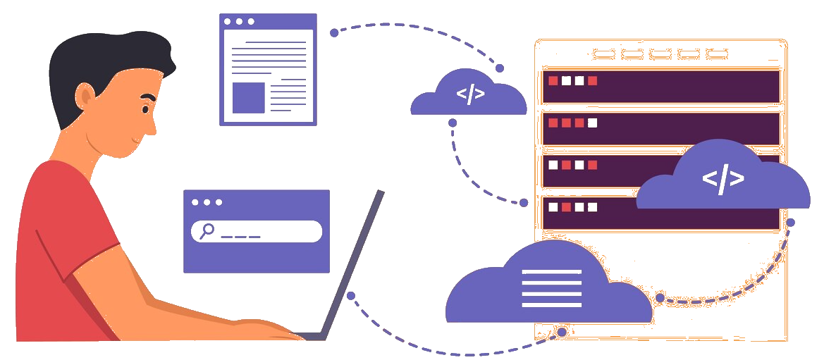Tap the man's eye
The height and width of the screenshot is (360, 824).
pyautogui.click(x=145, y=110)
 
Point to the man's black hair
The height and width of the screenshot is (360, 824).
pyautogui.click(x=106, y=56)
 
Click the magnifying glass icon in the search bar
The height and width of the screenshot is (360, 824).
pyautogui.click(x=207, y=230)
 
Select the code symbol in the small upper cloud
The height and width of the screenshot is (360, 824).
pyautogui.click(x=470, y=94)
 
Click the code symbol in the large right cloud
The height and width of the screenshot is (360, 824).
pyautogui.click(x=722, y=180)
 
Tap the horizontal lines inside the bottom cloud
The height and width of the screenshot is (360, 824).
pyautogui.click(x=552, y=288)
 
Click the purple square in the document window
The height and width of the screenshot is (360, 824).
pyautogui.click(x=249, y=97)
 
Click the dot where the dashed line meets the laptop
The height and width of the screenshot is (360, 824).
pyautogui.click(x=351, y=295)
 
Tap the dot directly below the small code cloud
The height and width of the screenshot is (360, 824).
pyautogui.click(x=453, y=123)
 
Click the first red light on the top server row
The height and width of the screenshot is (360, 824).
pyautogui.click(x=553, y=80)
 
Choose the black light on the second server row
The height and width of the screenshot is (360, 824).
pyautogui.click(x=593, y=123)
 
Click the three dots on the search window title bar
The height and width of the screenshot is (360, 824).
pyautogui.click(x=207, y=202)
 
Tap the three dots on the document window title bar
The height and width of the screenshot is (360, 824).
pyautogui.click(x=239, y=22)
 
